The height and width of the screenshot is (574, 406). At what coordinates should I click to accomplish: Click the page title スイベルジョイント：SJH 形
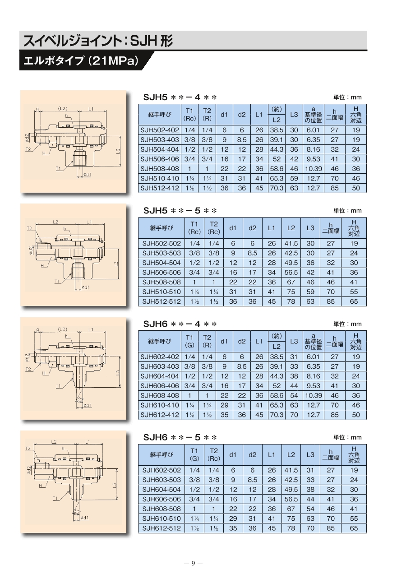pos(98,41)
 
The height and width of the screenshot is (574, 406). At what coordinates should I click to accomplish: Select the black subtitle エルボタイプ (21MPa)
pos(81,61)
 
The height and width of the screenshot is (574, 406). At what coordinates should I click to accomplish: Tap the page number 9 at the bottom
pos(193,563)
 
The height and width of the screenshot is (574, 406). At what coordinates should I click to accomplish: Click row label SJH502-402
pos(160,130)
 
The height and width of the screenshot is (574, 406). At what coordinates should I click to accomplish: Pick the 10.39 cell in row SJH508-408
pos(313,169)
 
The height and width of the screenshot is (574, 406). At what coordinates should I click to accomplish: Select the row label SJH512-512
pos(161,301)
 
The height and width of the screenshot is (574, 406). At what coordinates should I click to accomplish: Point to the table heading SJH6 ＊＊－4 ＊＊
pos(180,324)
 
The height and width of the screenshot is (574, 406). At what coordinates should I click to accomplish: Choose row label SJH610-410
pos(160,405)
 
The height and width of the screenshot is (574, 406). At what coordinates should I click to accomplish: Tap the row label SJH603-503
pos(161,480)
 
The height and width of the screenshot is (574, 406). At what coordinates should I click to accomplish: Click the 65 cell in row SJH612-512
pos(354,528)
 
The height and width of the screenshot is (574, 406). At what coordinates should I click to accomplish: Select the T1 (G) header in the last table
pos(194,455)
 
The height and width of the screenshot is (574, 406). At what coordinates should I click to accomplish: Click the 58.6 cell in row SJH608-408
pos(277,396)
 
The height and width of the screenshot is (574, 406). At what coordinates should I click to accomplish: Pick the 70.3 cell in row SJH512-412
pos(277,188)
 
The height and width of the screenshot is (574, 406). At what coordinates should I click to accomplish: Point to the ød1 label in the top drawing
pos(88,175)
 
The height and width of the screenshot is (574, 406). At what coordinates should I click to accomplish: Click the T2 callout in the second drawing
pos(30,228)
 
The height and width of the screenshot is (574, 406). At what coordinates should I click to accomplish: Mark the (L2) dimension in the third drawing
pos(62,329)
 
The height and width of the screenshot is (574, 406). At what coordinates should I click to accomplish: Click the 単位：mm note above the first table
pos(347,97)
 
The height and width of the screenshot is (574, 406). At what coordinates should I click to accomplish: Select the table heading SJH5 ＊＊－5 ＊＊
pos(180,211)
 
